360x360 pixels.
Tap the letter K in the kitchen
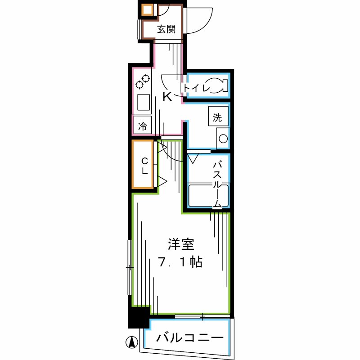pyautogui.click(x=167, y=97)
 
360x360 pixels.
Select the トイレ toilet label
pyautogui.click(x=197, y=88)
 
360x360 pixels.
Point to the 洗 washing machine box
pyautogui.click(x=218, y=118)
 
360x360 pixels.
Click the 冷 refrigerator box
pyautogui.click(x=143, y=126)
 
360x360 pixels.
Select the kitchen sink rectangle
pyautogui.click(x=144, y=102)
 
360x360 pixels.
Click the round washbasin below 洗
pyautogui.click(x=223, y=139)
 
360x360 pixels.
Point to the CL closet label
pyautogui.click(x=145, y=166)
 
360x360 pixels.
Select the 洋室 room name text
pyautogui.click(x=181, y=245)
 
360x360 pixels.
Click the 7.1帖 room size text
pyautogui.click(x=180, y=262)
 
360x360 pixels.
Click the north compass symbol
pyautogui.click(x=132, y=342)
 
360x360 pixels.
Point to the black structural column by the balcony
pyautogui.click(x=139, y=317)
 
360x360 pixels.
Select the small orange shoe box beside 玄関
pyautogui.click(x=147, y=10)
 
